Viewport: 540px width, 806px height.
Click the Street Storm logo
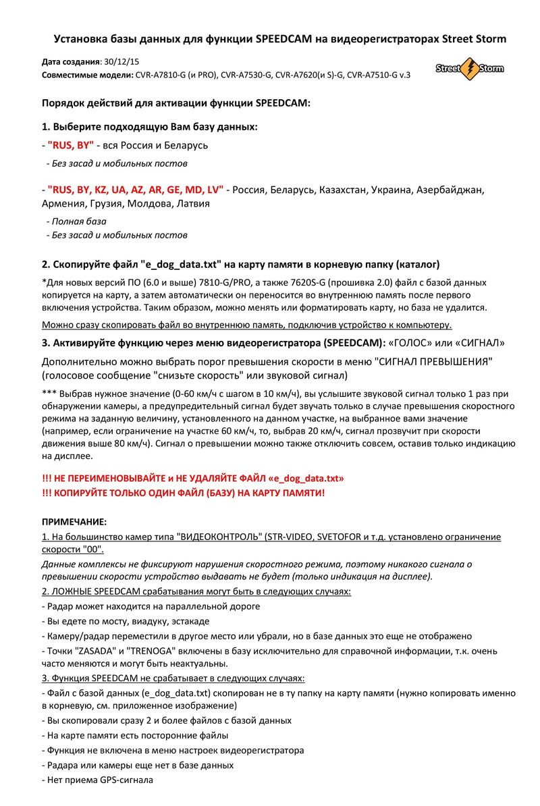[x=469, y=69]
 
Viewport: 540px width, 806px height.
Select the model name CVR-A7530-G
[x=246, y=75]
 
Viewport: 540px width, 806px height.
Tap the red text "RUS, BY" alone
[x=71, y=145]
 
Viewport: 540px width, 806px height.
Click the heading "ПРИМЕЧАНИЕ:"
[x=74, y=522]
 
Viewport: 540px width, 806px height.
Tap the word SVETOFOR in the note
[x=335, y=537]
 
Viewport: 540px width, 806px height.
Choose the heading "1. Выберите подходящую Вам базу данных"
[x=149, y=127]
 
